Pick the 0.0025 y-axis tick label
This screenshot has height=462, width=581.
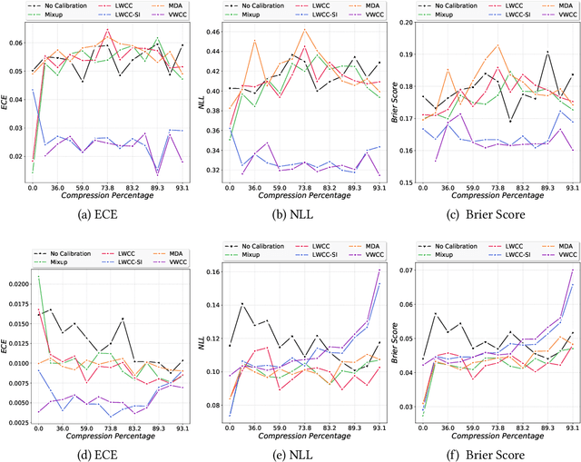[18, 419]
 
